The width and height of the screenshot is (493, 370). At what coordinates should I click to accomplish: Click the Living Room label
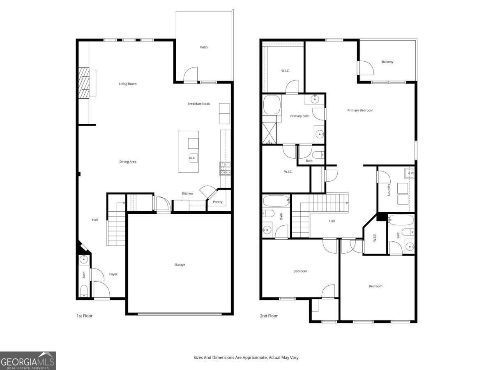pyautogui.click(x=127, y=84)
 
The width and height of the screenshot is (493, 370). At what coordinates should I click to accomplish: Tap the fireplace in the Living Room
pyautogui.click(x=84, y=83)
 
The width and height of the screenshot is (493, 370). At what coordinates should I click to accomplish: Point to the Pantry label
pyautogui.click(x=217, y=202)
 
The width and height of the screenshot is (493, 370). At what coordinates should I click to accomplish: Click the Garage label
pyautogui.click(x=180, y=265)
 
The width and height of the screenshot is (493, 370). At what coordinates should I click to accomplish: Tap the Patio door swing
pyautogui.click(x=191, y=75)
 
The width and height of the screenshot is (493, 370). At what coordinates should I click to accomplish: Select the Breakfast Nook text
pyautogui.click(x=198, y=104)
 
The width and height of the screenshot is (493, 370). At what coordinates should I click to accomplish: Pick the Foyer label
pyautogui.click(x=113, y=274)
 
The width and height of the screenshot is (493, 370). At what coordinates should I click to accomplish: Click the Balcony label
pyautogui.click(x=387, y=62)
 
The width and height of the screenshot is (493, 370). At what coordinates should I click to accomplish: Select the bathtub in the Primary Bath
pyautogui.click(x=272, y=105)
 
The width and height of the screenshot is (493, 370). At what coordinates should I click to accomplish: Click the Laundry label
pyautogui.click(x=388, y=189)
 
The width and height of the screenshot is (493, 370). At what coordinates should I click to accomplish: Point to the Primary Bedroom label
pyautogui.click(x=360, y=110)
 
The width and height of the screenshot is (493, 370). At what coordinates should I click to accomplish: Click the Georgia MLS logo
pyautogui.click(x=28, y=361)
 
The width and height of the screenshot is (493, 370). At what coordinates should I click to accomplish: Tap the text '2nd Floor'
pyautogui.click(x=269, y=316)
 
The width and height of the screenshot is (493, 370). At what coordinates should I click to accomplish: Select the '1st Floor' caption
pyautogui.click(x=85, y=316)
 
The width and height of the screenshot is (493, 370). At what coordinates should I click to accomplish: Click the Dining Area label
pyautogui.click(x=128, y=162)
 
